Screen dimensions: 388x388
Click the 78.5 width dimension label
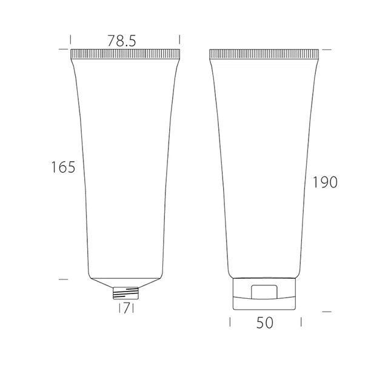(x=121, y=41)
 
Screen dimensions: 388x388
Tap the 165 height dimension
(x=63, y=167)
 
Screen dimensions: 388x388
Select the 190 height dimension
(x=325, y=182)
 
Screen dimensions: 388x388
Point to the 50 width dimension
(x=265, y=323)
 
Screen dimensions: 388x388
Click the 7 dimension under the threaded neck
(x=127, y=309)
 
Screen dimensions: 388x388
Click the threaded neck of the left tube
(x=125, y=293)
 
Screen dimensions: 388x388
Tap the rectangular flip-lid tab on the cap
(x=264, y=292)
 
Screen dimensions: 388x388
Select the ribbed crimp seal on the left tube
(x=125, y=54)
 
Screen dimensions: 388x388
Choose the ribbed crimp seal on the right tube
(x=264, y=54)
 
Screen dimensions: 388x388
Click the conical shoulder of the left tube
(x=125, y=283)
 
